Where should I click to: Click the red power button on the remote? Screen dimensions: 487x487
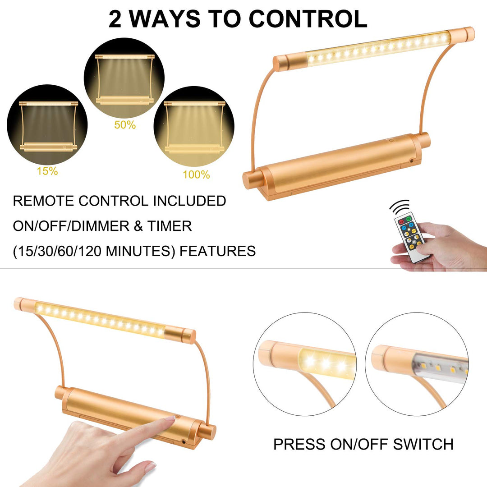401,222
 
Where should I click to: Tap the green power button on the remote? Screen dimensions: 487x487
409,219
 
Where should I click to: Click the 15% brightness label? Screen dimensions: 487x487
47,171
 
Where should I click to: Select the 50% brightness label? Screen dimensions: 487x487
125,125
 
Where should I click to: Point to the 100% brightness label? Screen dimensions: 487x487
196,175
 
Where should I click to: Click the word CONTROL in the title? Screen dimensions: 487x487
308,19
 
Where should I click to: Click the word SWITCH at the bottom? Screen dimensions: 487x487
423,444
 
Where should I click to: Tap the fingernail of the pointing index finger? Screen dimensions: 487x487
170,418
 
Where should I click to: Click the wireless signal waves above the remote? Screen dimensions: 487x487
400,206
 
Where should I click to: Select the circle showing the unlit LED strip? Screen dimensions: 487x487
417,364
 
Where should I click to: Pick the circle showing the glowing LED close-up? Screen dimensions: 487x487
305,364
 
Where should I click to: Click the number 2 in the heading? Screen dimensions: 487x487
115,19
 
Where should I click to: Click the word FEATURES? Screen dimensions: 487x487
218,251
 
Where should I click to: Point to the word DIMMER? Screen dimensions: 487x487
100,226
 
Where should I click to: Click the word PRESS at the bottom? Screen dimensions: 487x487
300,444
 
